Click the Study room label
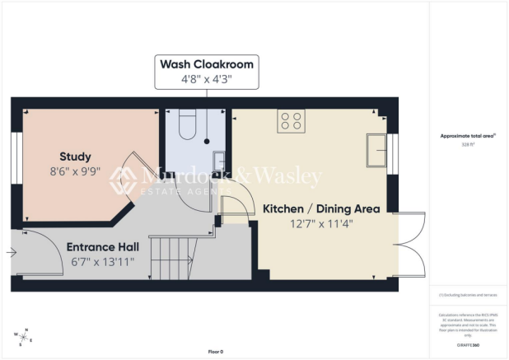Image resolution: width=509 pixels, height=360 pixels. (75, 157)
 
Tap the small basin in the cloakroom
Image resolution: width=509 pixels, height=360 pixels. (218, 163)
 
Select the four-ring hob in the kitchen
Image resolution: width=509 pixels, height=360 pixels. (291, 121)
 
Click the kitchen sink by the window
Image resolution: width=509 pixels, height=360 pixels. (377, 151)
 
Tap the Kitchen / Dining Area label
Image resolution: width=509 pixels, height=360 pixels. (321, 209)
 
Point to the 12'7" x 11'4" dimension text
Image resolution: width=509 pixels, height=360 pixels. (321, 225)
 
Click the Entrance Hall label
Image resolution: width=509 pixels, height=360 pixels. (103, 247)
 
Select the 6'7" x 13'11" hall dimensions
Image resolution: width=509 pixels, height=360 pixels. (103, 262)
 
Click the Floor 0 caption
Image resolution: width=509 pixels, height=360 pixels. (216, 352)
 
